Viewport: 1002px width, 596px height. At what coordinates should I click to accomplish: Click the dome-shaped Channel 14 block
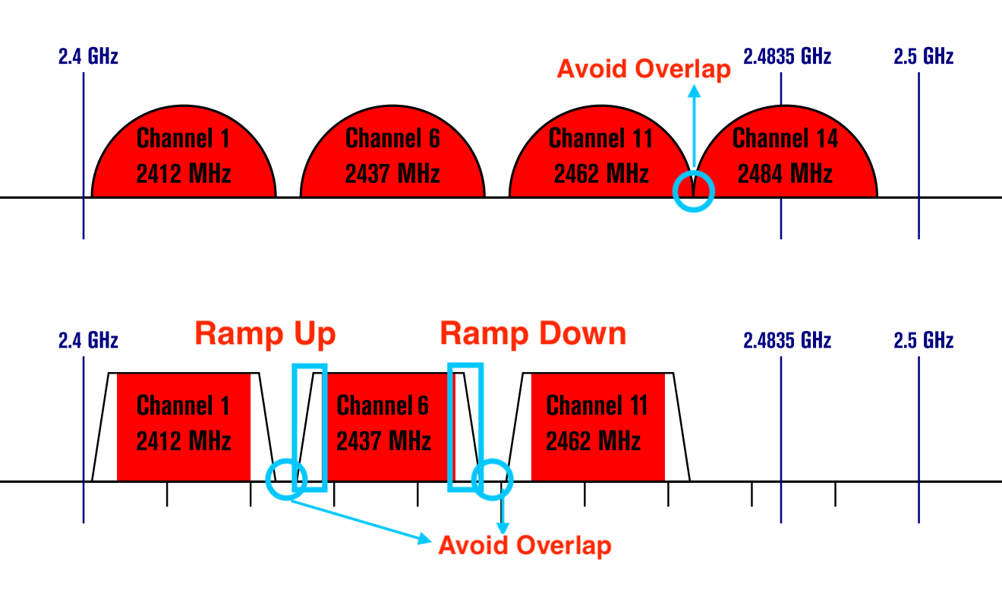[786, 156]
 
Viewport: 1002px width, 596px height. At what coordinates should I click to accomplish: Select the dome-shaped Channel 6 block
[392, 156]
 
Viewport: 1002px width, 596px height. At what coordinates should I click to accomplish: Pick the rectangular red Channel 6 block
[384, 425]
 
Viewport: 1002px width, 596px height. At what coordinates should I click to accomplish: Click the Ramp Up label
[265, 334]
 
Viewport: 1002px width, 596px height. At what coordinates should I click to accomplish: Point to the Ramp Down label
[534, 334]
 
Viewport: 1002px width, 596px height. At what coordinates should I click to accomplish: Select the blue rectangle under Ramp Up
[310, 427]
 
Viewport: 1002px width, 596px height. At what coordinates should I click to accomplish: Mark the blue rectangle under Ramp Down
[465, 427]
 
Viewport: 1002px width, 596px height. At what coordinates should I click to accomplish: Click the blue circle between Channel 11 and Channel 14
[694, 191]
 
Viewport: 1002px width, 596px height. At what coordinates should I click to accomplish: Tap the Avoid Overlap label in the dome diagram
[644, 69]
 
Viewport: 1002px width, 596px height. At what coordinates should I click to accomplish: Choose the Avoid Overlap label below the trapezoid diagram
[525, 545]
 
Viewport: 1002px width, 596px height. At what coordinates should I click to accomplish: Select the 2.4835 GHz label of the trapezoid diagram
[787, 340]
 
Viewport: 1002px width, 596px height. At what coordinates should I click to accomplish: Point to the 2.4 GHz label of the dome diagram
[88, 56]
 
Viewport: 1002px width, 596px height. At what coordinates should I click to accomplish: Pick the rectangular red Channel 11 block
[597, 425]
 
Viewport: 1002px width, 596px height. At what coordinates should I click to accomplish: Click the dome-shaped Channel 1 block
[184, 156]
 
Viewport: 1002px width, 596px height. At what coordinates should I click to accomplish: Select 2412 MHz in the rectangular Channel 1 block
[184, 440]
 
